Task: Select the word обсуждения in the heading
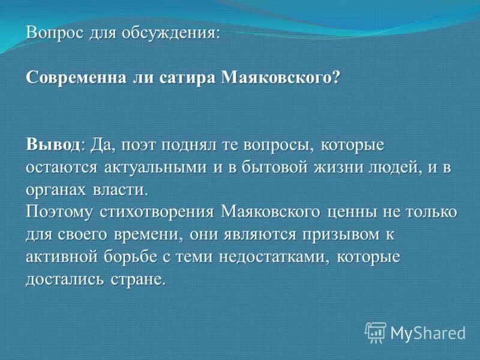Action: tap(175, 33)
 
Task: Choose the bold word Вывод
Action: tap(53, 145)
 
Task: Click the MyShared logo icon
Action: tap(375, 332)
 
